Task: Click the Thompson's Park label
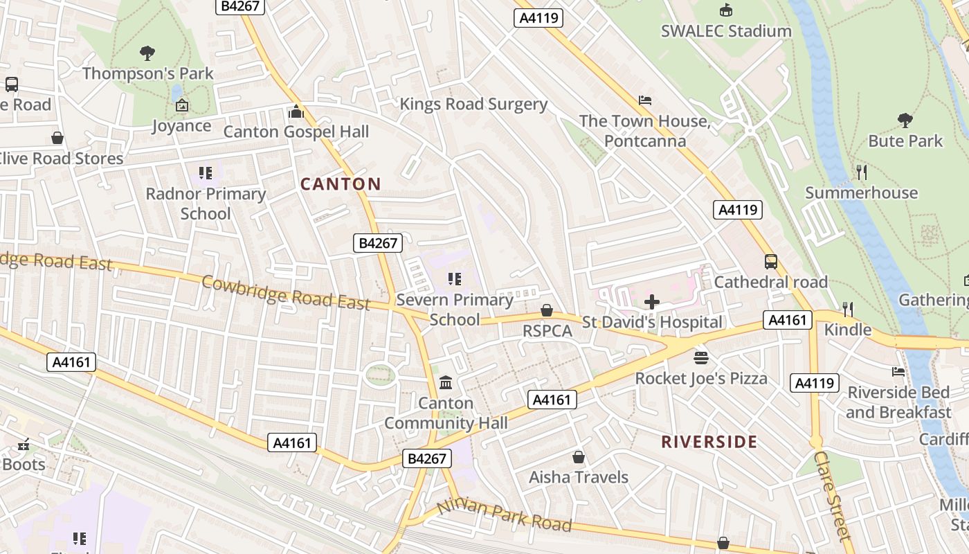point(148,73)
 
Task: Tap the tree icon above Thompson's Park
point(147,53)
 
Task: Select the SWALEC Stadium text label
point(726,31)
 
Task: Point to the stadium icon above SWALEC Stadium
point(726,10)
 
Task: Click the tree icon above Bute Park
point(905,120)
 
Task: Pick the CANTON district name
point(341,184)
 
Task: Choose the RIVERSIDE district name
point(709,442)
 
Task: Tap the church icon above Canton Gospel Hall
point(296,111)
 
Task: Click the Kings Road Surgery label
point(473,105)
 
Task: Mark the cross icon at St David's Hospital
point(651,302)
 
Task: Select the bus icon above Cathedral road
point(770,262)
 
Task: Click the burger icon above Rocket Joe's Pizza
point(701,358)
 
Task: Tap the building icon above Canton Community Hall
point(446,382)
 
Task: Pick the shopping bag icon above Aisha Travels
point(579,457)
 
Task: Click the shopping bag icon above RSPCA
point(547,310)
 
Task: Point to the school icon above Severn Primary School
point(455,279)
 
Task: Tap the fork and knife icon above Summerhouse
point(861,172)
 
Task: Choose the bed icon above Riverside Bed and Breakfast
point(898,372)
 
